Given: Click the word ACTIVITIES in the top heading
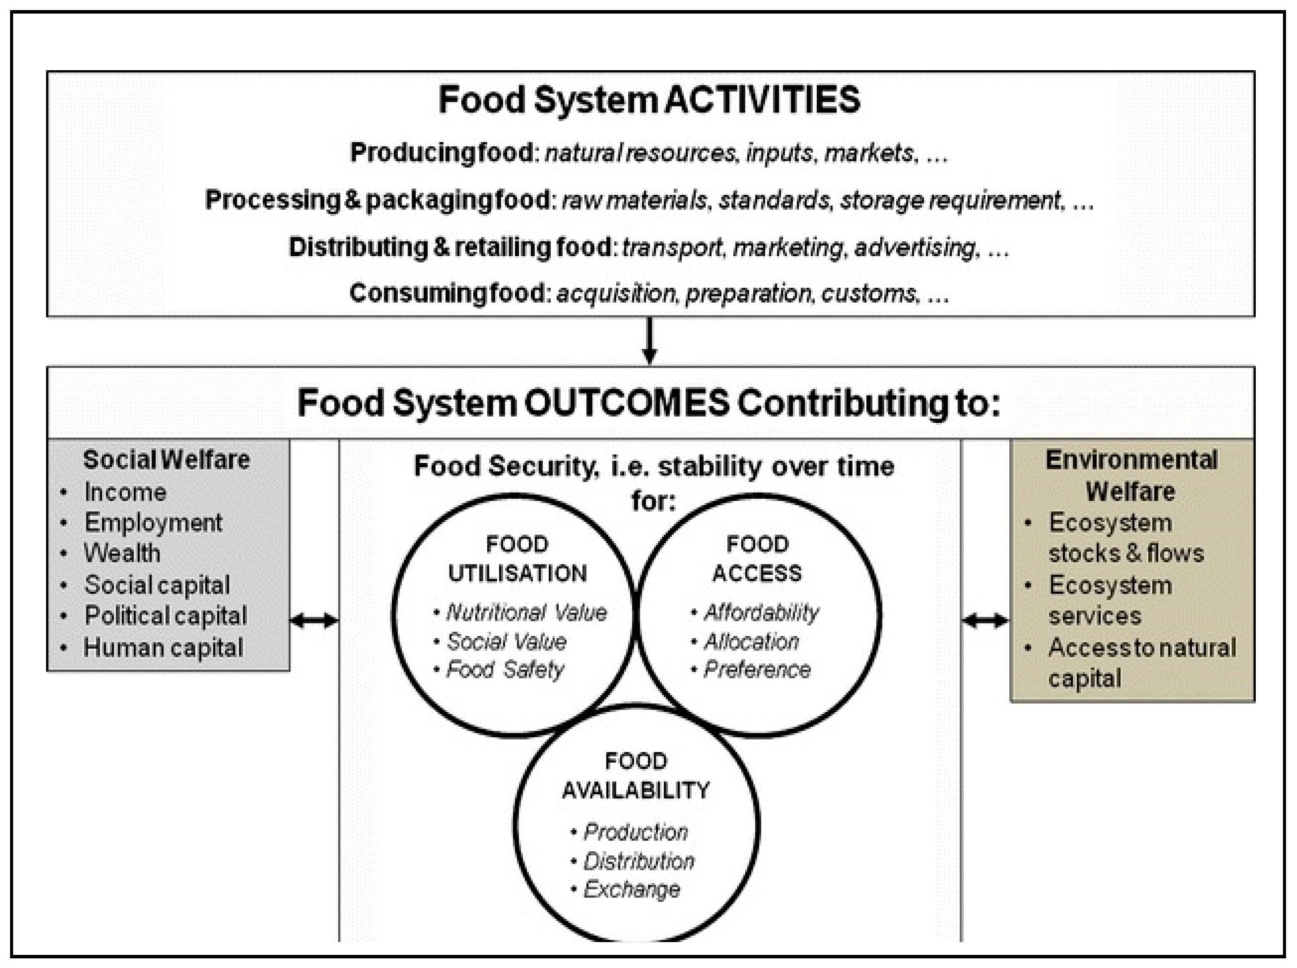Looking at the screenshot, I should point(762,100).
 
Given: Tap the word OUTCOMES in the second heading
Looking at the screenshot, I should point(625,403).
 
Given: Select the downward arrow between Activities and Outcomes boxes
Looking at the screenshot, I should point(649,341).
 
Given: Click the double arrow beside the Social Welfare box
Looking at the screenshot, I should point(314,620).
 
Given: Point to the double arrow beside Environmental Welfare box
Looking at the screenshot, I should point(985,620).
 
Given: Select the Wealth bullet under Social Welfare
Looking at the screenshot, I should point(122,553).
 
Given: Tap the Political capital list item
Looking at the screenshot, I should point(166,616).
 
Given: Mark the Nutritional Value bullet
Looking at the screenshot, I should point(526,612).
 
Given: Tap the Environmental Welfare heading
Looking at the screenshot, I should point(1131,475).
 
